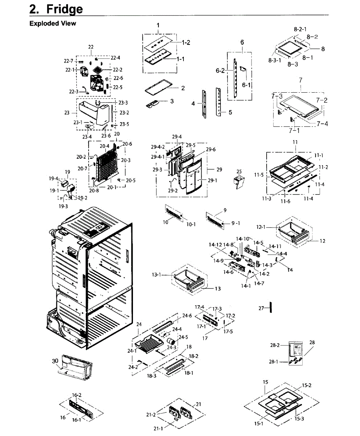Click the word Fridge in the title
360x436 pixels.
(65, 9)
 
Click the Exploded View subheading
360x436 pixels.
(53, 23)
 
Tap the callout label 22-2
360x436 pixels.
(118, 70)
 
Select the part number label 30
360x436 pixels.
(55, 361)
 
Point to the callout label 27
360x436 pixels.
(261, 308)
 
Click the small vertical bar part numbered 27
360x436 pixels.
(271, 307)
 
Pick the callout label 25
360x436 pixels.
(239, 171)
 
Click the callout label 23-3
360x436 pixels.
(123, 103)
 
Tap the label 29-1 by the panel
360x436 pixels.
(213, 181)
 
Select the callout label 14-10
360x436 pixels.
(243, 239)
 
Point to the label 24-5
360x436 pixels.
(183, 337)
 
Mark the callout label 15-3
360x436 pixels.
(299, 419)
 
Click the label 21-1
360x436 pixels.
(158, 428)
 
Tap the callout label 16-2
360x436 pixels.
(77, 395)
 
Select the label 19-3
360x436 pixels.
(63, 206)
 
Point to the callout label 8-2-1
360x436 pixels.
(300, 29)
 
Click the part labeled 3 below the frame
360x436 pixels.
(154, 104)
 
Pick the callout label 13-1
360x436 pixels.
(157, 275)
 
